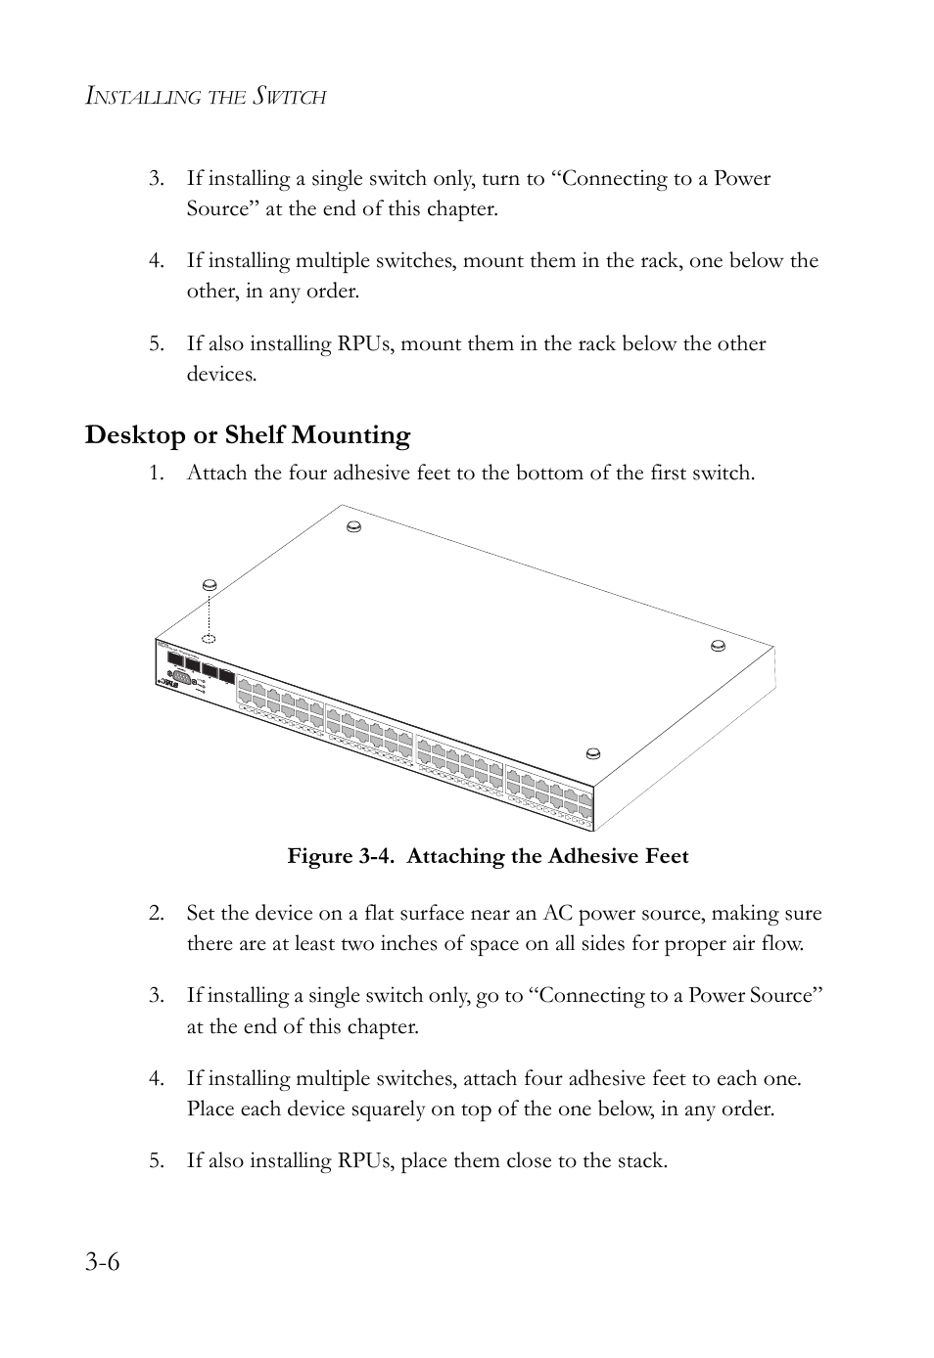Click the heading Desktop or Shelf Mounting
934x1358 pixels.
(247, 434)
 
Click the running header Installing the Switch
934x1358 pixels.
(206, 97)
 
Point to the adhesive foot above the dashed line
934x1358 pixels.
(209, 585)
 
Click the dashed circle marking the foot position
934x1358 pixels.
(209, 636)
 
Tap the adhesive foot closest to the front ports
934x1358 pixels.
(592, 752)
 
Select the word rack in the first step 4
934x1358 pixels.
(660, 261)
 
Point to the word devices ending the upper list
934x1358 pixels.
(220, 374)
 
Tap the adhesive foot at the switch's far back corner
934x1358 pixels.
(355, 526)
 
